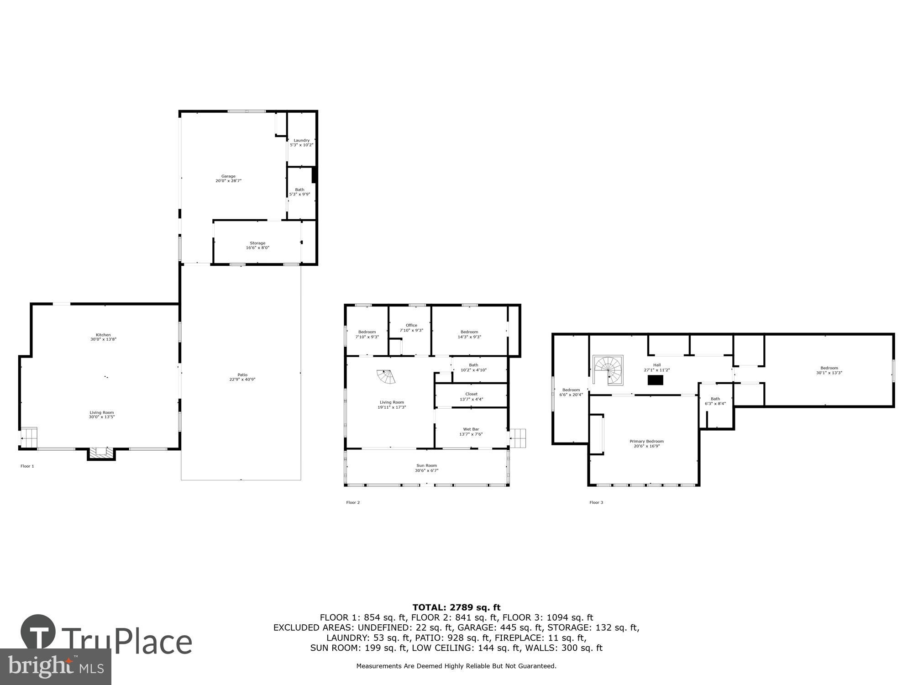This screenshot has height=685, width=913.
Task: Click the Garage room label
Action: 228,179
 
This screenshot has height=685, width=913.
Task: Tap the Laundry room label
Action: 301,142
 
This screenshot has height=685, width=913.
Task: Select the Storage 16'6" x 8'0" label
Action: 257,246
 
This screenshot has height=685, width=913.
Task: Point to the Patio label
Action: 242,377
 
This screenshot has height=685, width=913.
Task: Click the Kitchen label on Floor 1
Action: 103,337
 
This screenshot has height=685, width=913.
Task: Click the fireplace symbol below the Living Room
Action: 101,453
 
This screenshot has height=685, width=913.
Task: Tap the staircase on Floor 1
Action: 29,437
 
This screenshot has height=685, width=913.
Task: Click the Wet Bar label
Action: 471,432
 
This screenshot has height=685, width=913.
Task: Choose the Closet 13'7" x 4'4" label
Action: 471,396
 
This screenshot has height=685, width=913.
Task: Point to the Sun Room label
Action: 426,468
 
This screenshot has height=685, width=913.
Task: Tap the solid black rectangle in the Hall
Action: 656,380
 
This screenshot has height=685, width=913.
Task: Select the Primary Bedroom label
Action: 646,443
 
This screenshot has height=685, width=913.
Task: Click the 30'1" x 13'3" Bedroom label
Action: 829,370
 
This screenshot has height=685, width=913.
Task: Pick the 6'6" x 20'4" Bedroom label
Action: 571,392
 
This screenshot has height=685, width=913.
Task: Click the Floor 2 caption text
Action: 353,503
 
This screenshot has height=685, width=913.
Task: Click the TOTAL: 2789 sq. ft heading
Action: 456,607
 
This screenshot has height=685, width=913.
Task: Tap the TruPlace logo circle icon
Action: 38,632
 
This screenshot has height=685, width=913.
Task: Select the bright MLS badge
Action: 55,667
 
